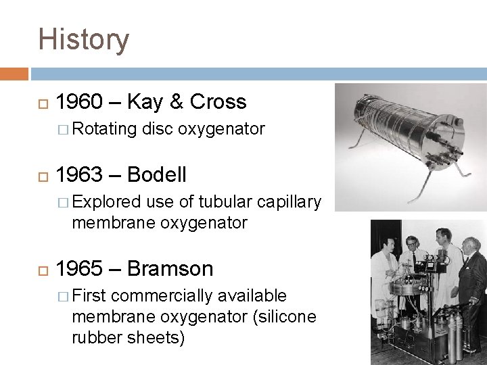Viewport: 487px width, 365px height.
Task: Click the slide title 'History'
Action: point(83,39)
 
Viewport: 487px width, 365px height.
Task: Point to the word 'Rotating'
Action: point(105,128)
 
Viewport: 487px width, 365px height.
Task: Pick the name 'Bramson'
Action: point(169,268)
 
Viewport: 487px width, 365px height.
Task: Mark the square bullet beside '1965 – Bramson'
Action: point(45,269)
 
